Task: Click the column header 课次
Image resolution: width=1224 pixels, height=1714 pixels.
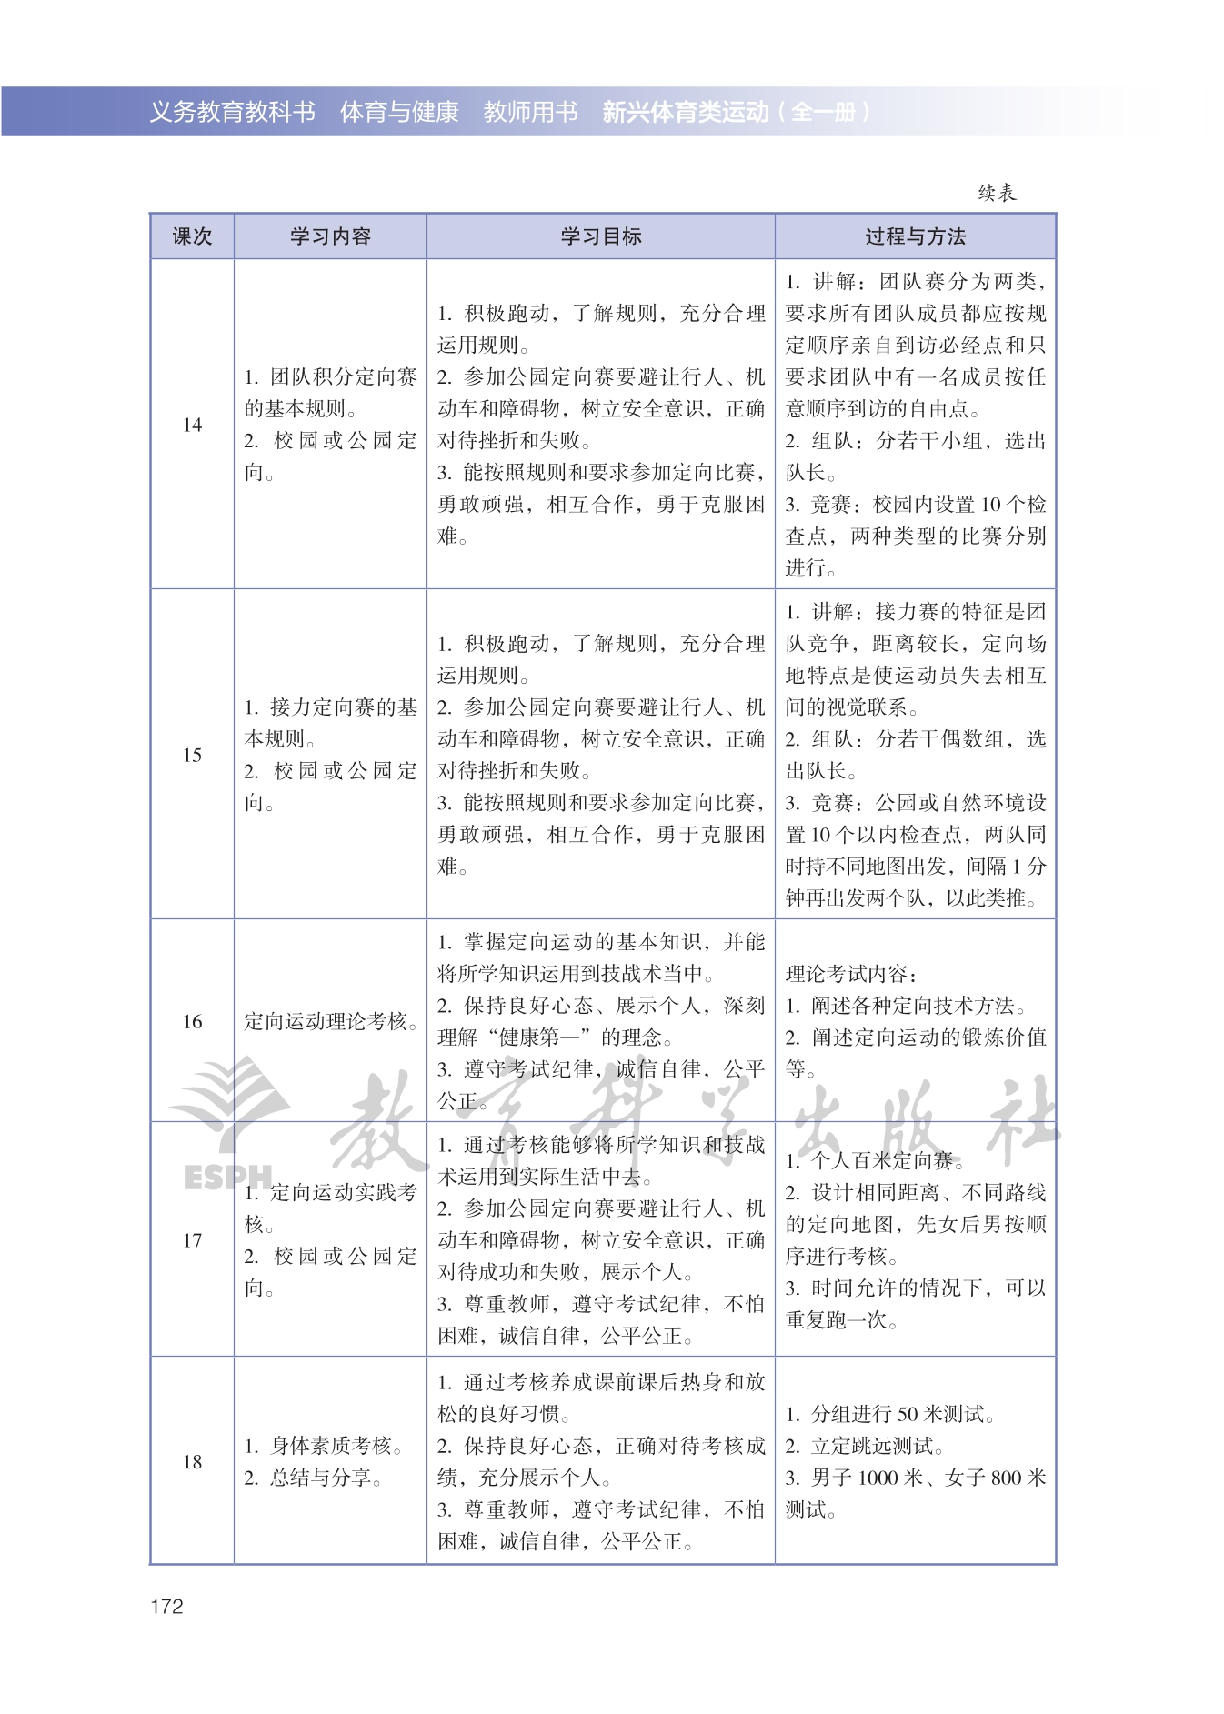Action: [x=192, y=236]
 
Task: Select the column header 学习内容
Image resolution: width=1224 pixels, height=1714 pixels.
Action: [x=330, y=236]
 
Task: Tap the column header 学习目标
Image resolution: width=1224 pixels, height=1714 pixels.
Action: [x=600, y=236]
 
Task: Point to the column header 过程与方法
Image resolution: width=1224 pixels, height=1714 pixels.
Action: [x=915, y=236]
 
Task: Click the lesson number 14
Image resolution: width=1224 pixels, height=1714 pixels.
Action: [x=192, y=425]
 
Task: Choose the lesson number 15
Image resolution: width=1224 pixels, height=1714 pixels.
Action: [x=192, y=755]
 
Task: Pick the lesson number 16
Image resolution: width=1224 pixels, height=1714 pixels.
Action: [x=192, y=1021]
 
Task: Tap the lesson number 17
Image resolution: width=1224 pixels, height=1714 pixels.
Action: [x=192, y=1240]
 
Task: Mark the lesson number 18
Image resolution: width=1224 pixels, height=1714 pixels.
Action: [x=192, y=1461]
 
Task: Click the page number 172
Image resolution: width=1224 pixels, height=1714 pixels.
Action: [x=166, y=1606]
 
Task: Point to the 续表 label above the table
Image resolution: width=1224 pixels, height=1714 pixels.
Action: [x=997, y=193]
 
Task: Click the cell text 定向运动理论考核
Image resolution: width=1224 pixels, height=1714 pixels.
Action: [x=329, y=1021]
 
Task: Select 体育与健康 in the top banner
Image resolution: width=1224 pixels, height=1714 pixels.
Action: [x=399, y=112]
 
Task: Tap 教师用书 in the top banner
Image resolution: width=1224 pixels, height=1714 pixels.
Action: [x=530, y=112]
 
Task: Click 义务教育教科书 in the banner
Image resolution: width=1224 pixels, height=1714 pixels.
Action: [x=232, y=112]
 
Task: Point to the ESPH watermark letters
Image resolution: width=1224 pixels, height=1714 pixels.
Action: [x=227, y=1177]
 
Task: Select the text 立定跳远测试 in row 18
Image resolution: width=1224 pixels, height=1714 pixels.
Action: [x=878, y=1446]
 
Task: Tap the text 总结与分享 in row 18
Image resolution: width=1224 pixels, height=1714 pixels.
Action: [x=325, y=1478]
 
